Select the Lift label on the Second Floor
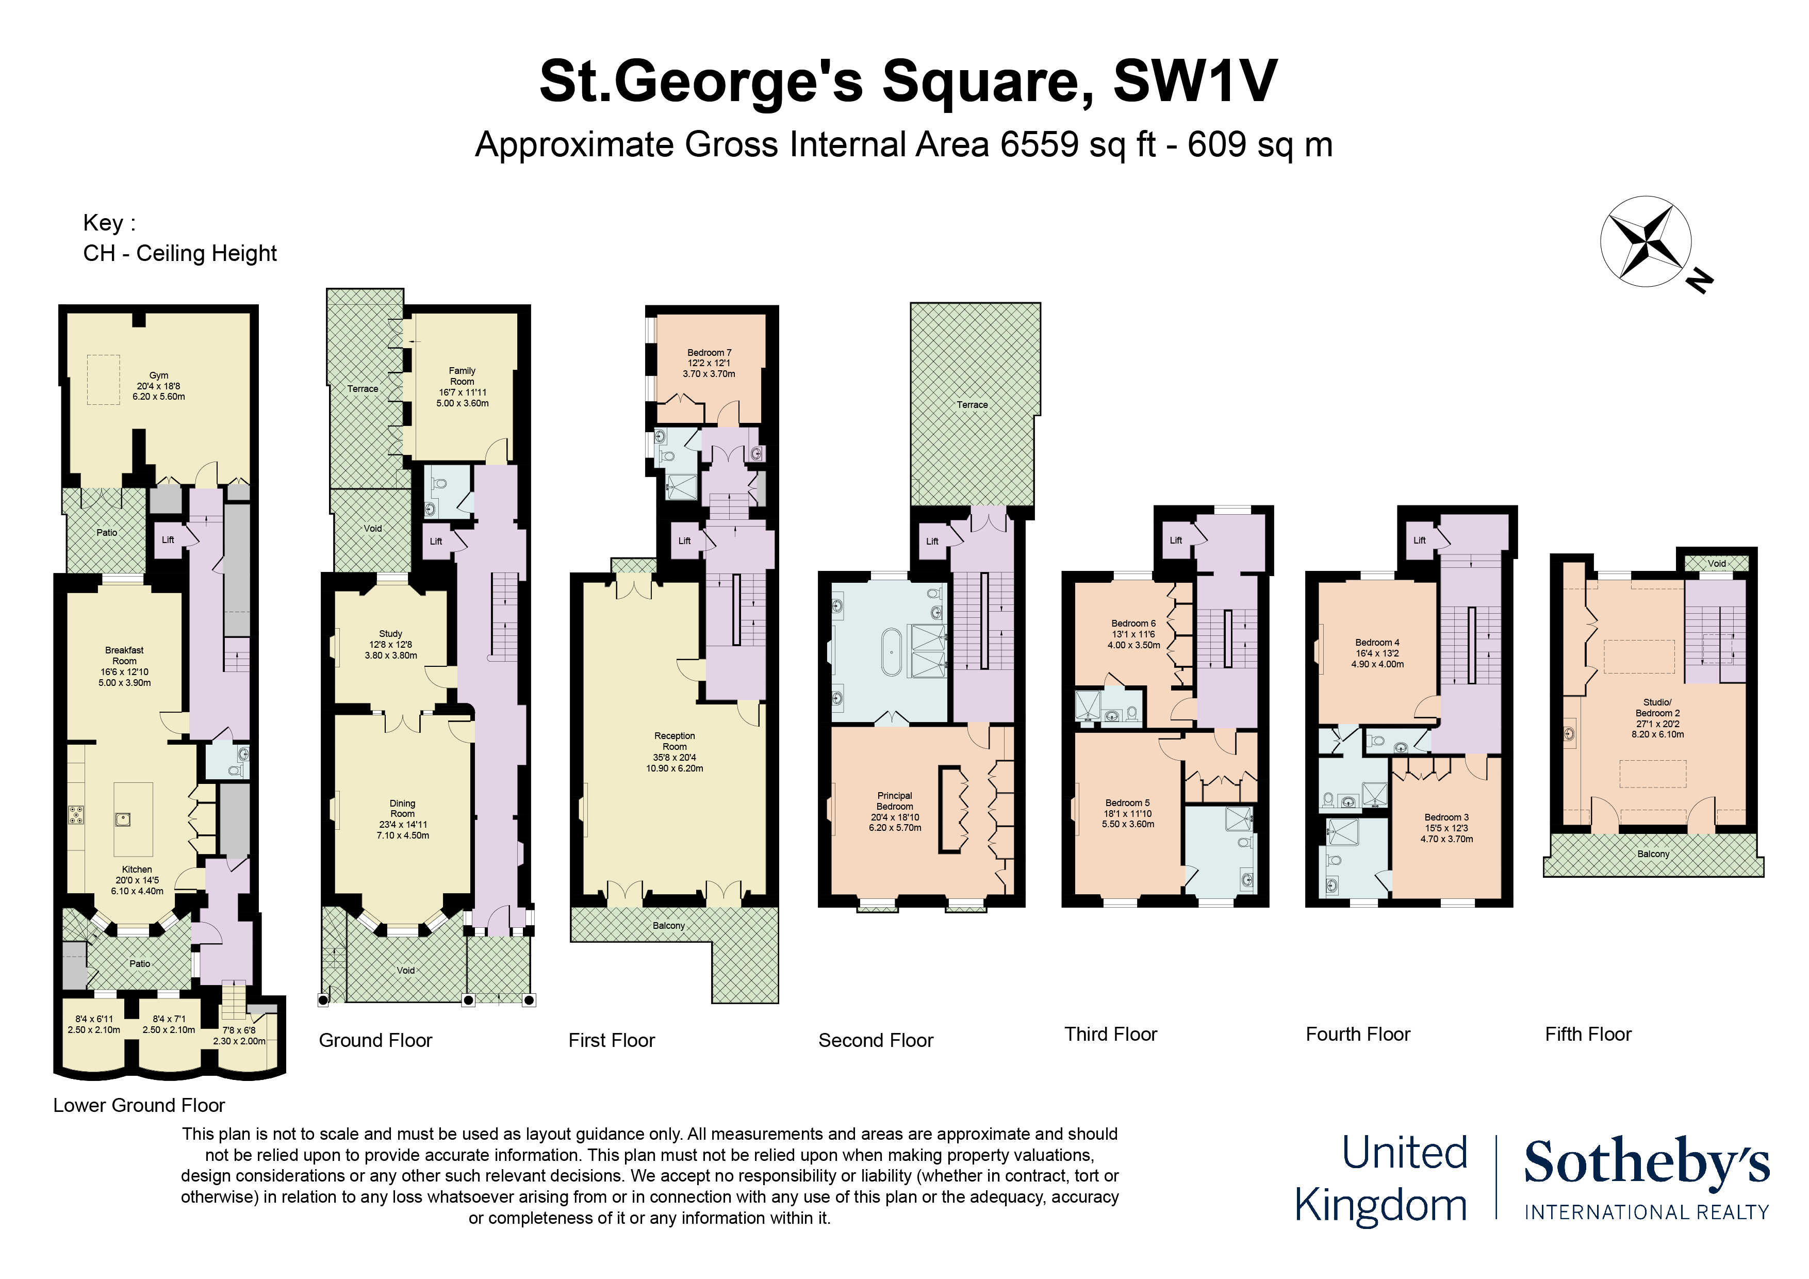pyautogui.click(x=932, y=542)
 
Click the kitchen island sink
pyautogui.click(x=123, y=819)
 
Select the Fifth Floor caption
pyautogui.click(x=1588, y=1034)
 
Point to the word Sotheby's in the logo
pyautogui.click(x=1647, y=1162)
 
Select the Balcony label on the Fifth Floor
pyautogui.click(x=1653, y=854)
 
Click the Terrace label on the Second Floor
pyautogui.click(x=972, y=405)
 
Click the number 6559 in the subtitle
pyautogui.click(x=1039, y=145)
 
